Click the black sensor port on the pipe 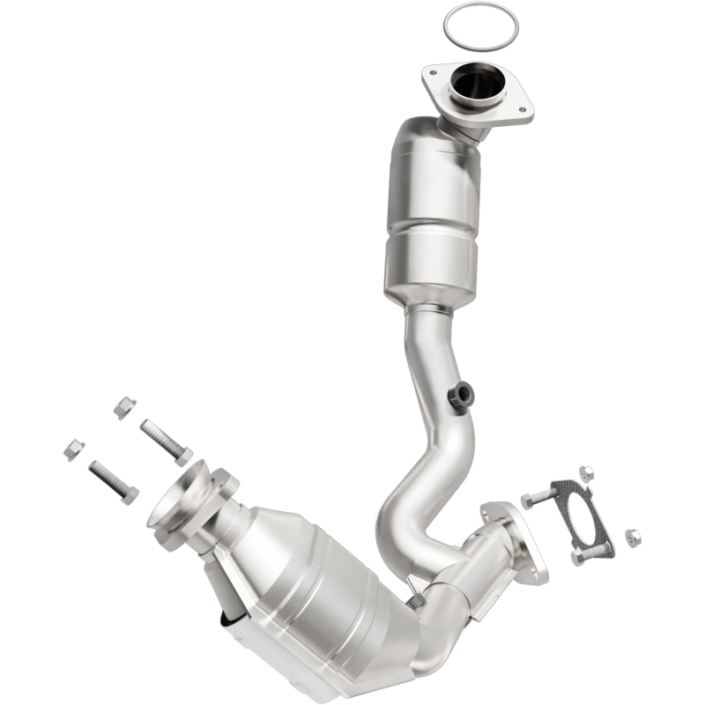tap(458, 397)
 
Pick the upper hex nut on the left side tap(124, 407)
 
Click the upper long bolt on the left tap(166, 440)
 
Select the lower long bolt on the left tap(113, 481)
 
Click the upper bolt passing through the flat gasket tap(539, 498)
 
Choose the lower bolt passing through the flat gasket tap(591, 553)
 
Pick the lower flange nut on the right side tap(631, 536)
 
